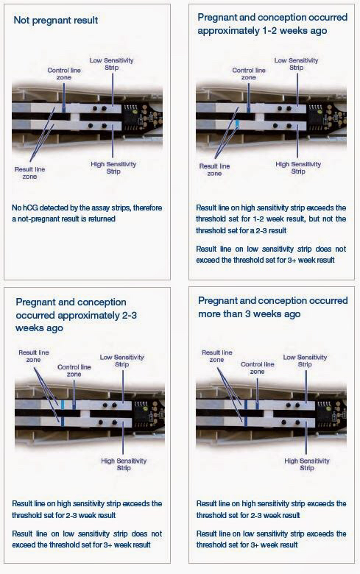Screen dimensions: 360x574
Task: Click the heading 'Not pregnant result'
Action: (x=56, y=20)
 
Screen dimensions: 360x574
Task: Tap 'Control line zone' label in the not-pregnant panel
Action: (x=64, y=74)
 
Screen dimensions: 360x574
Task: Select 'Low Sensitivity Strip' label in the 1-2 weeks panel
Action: (x=296, y=64)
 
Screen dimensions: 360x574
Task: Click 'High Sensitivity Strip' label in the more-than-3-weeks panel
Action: (x=307, y=464)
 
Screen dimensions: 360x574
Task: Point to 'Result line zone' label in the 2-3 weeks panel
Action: (x=34, y=356)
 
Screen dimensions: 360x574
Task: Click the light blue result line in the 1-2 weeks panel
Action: (x=237, y=124)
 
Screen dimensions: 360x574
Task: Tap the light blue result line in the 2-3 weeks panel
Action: (x=63, y=405)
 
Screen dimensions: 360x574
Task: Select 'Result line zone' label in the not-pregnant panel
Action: (x=29, y=173)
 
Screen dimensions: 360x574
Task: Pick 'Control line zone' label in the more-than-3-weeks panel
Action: (x=258, y=368)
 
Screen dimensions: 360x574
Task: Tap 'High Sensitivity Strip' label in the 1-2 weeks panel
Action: (x=298, y=168)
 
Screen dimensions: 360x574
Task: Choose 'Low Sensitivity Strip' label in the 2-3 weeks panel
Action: (x=122, y=361)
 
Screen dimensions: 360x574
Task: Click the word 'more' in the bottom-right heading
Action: (x=210, y=314)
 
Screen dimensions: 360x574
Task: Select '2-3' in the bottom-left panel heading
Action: (x=129, y=315)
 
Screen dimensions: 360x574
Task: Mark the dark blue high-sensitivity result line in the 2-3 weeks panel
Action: (x=63, y=422)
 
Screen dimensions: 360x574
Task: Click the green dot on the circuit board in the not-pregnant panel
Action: (x=135, y=113)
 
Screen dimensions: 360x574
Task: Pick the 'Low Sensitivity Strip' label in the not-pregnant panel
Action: (x=112, y=64)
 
